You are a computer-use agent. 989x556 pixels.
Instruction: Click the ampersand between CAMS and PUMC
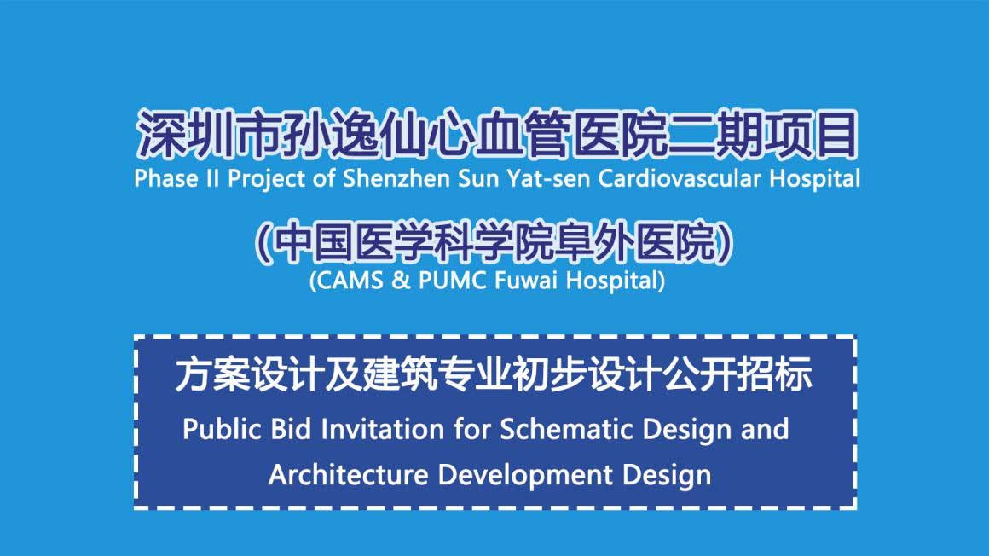click(x=401, y=281)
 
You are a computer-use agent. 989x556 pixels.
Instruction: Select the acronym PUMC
click(x=452, y=281)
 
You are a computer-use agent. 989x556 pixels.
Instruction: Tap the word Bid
click(x=291, y=429)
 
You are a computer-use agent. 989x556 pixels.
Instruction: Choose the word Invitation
click(x=382, y=429)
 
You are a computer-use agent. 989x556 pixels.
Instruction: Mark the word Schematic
click(x=566, y=429)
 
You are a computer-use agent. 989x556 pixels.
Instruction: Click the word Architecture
click(x=348, y=475)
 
